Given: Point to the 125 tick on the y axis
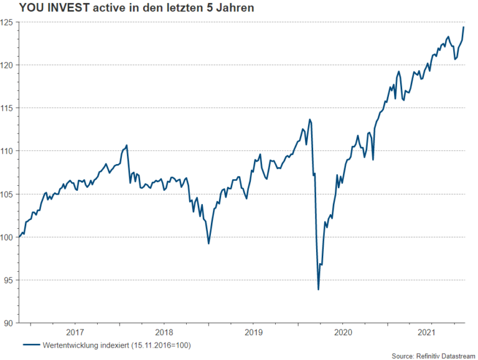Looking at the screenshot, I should click(9, 22).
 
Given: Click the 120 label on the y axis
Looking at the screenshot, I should click(9, 65).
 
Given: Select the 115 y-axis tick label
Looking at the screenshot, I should click(9, 108).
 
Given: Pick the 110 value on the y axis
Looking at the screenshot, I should click(9, 151).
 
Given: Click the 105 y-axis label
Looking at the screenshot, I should click(9, 194).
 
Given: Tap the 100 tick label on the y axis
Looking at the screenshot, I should click(9, 237).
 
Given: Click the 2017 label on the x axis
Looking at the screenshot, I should click(75, 332).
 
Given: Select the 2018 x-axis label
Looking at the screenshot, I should click(164, 332).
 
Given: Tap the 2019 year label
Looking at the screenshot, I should click(252, 332).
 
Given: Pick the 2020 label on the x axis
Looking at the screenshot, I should click(341, 332).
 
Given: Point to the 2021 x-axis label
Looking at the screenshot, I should click(429, 332).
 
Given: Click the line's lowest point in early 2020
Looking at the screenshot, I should click(319, 289).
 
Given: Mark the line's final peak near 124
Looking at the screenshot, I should click(464, 27).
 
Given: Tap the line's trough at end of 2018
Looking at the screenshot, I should click(209, 243).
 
